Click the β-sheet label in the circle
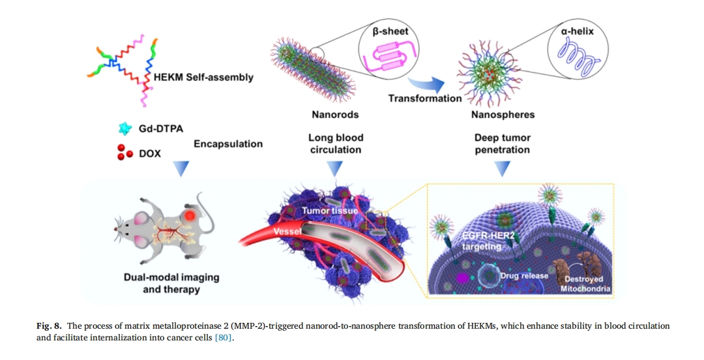(x=390, y=31)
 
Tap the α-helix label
(x=577, y=31)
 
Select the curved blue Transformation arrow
(x=426, y=84)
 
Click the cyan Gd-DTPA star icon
(x=125, y=129)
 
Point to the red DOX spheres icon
(x=125, y=152)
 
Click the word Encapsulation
(x=228, y=144)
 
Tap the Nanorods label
(x=336, y=115)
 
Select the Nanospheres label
(x=503, y=115)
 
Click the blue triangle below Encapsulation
(x=181, y=169)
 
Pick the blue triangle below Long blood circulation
(x=334, y=169)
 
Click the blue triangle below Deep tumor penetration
(x=502, y=169)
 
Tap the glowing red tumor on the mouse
(x=190, y=216)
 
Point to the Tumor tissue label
(x=330, y=211)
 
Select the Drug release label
(x=524, y=275)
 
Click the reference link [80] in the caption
(x=224, y=338)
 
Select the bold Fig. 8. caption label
(x=49, y=326)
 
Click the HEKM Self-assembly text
(x=203, y=78)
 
